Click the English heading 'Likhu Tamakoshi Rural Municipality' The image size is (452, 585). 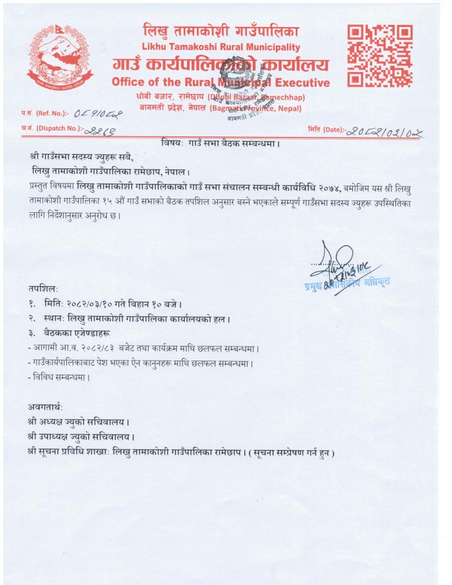pos(221,47)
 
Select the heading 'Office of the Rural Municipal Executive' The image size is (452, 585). pos(221,82)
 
